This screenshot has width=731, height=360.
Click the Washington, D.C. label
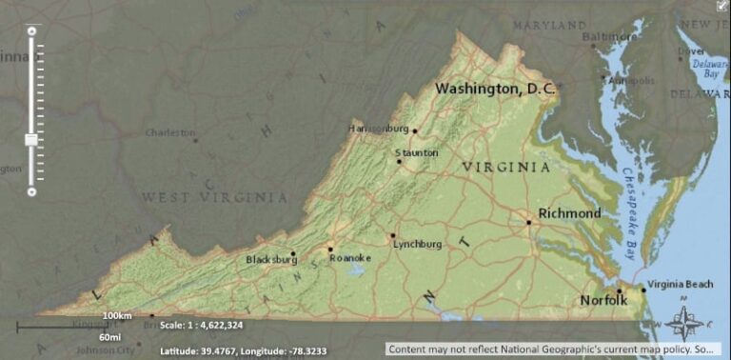tap(495, 89)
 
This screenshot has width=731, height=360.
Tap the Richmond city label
tap(569, 213)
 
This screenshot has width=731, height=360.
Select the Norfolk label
tap(604, 301)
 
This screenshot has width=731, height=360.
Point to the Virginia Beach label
tap(681, 284)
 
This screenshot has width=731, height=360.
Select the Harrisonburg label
tap(379, 128)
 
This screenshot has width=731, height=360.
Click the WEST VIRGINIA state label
tap(214, 197)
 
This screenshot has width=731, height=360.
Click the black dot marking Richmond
tap(529, 222)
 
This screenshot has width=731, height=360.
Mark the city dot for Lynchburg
tap(392, 235)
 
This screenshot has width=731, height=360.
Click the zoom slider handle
tap(31, 139)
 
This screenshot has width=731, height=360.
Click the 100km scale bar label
tap(117, 315)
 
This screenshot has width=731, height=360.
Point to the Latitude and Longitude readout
tap(244, 350)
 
